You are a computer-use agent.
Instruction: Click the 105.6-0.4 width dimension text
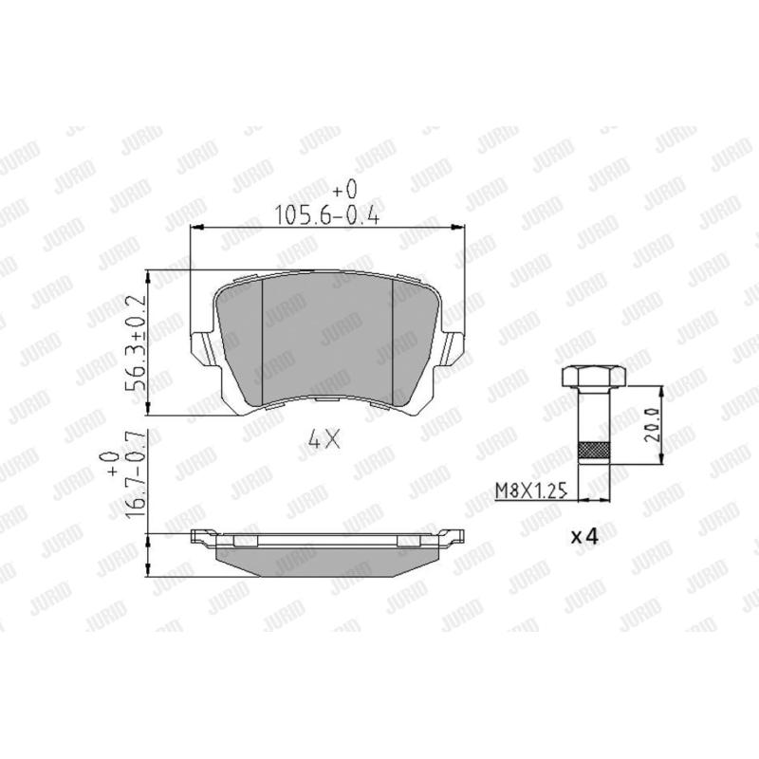(326, 214)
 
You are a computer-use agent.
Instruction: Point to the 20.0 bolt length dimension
(653, 424)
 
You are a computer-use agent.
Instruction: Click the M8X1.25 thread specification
(531, 491)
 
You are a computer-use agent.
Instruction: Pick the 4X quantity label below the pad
(324, 439)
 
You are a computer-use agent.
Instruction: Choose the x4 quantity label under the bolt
(584, 536)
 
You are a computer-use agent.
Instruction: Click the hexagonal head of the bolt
(594, 377)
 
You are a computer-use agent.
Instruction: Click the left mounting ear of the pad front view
(202, 346)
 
